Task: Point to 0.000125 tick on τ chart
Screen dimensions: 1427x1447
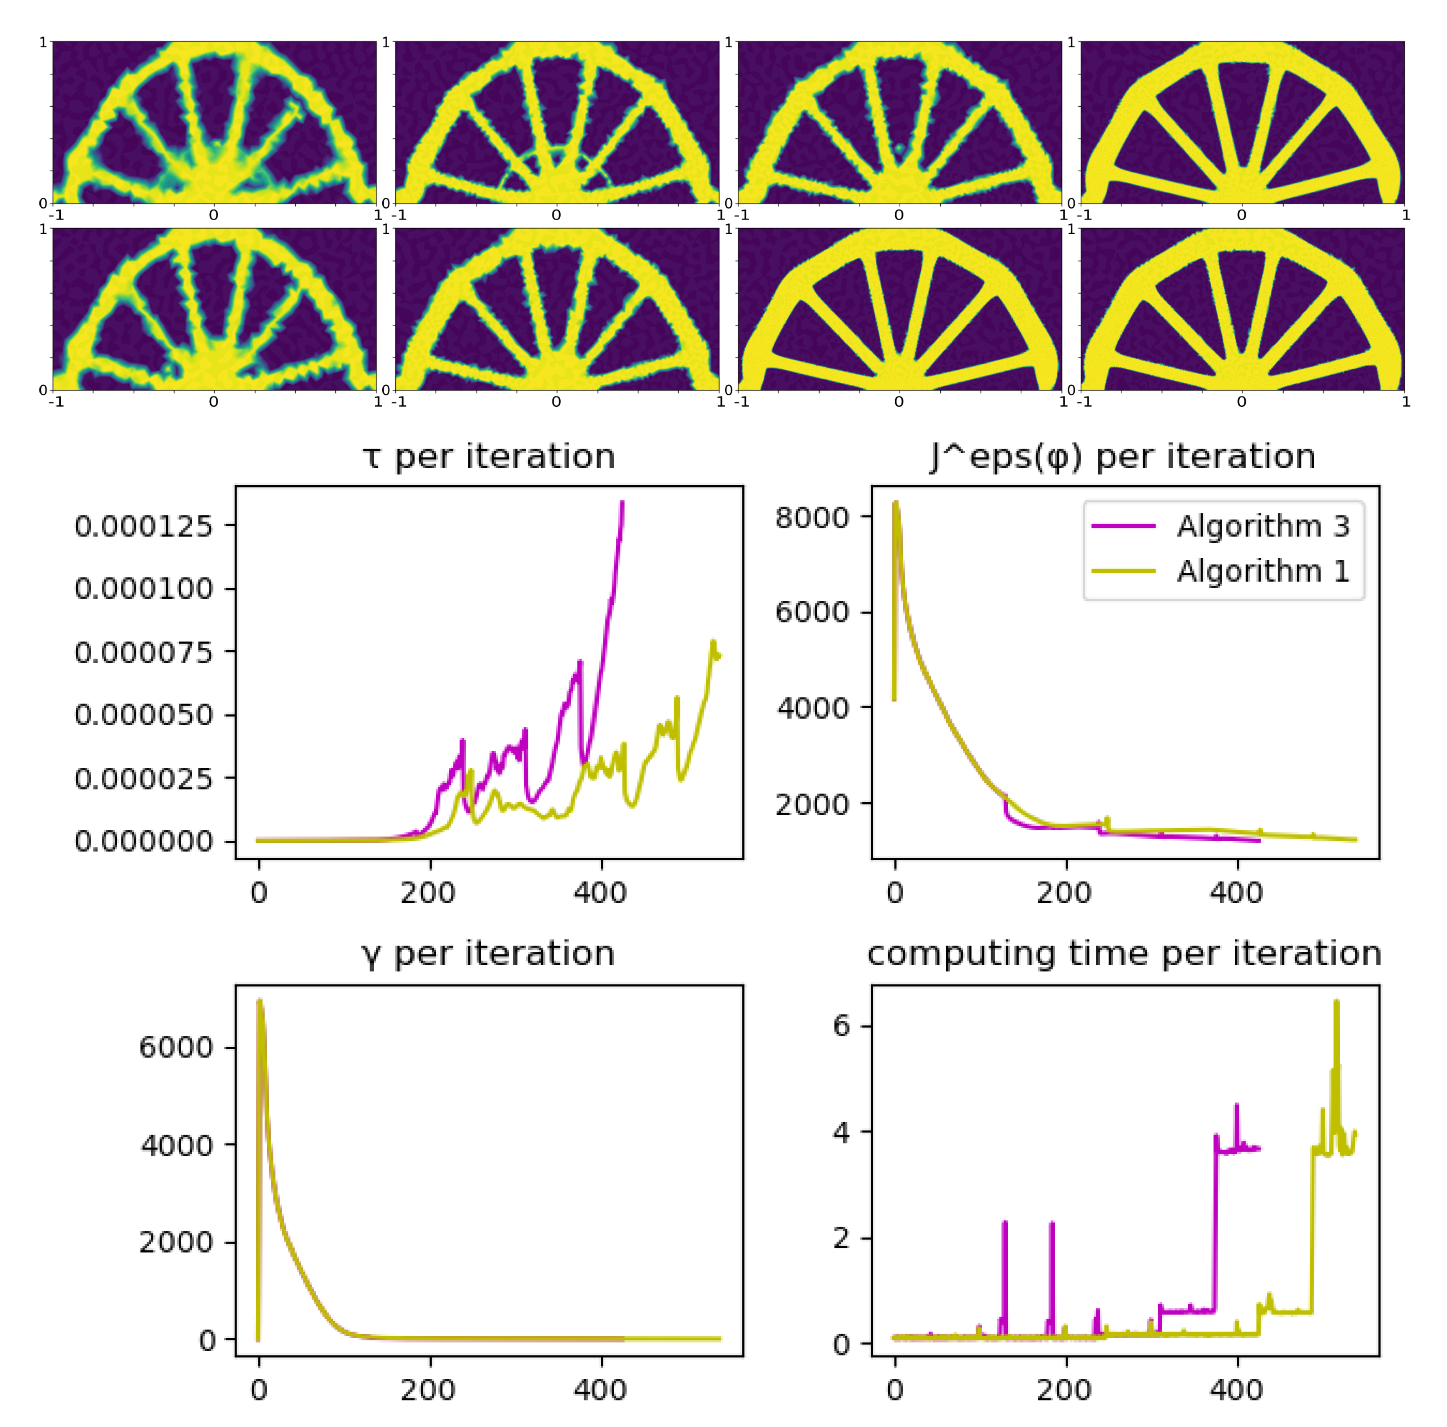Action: coord(144,527)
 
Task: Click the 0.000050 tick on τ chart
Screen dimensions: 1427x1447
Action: coord(144,715)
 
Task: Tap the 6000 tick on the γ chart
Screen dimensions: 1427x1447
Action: coord(176,1047)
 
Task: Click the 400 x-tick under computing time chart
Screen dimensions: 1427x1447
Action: coord(1236,1390)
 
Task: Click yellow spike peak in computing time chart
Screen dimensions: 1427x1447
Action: coord(1336,1002)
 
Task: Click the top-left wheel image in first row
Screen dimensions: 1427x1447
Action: coord(214,122)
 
